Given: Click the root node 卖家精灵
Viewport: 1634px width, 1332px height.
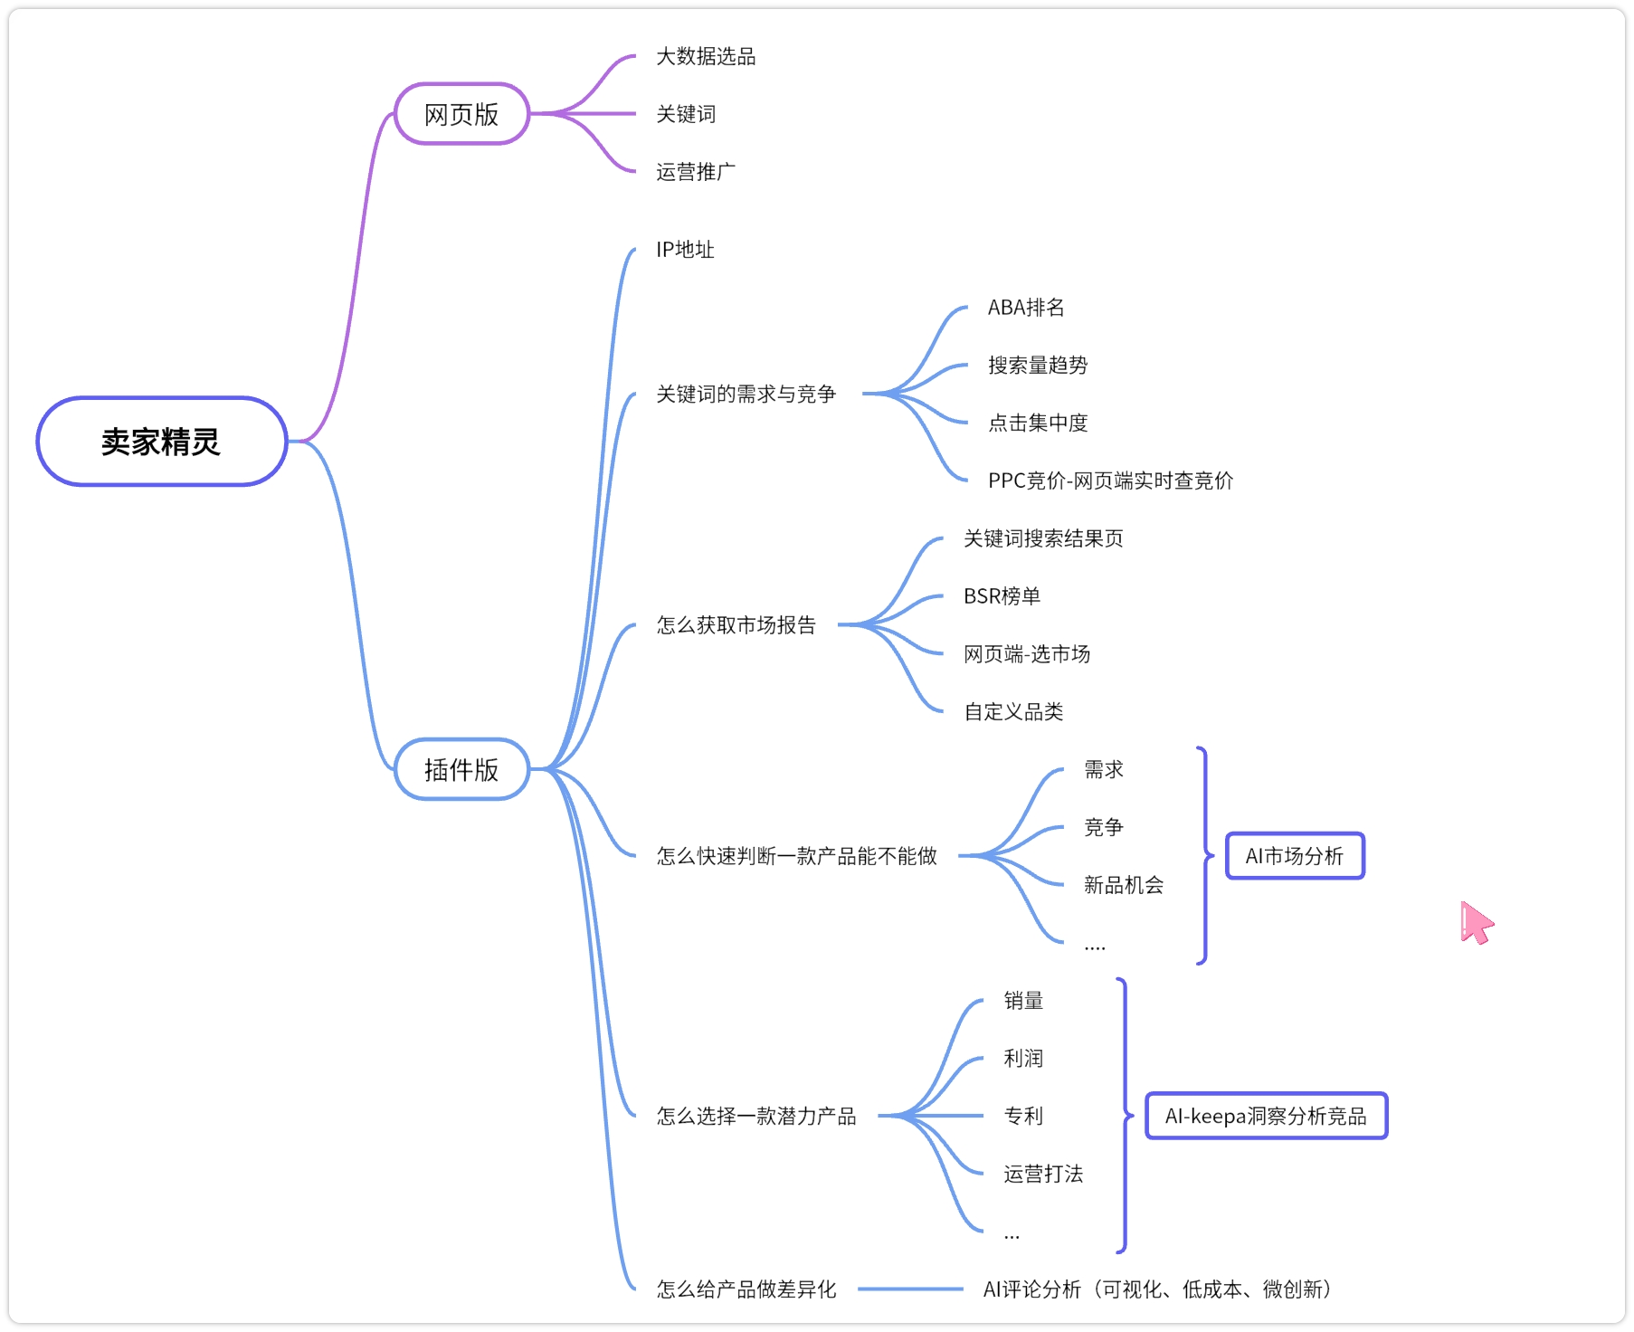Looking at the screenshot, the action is [162, 442].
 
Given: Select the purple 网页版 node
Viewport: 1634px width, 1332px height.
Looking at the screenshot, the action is [461, 114].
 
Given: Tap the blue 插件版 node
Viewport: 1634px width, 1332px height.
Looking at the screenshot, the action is [461, 769].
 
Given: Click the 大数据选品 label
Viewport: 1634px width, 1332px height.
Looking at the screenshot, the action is [706, 56].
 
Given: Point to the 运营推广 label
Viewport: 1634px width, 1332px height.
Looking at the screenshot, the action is [696, 172].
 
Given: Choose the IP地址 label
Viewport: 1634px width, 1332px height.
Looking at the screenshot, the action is [685, 250].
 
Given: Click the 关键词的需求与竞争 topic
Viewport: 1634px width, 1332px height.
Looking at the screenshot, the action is [746, 394].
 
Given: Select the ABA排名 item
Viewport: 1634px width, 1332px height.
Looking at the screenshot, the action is [1026, 308].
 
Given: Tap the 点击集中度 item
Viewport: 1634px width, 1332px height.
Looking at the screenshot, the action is [1038, 423].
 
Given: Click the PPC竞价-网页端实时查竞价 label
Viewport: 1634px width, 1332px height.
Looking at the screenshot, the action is [1110, 480].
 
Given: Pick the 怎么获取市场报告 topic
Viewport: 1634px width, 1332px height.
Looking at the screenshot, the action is [736, 625].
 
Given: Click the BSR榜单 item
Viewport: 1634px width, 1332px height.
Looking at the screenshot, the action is [1002, 596].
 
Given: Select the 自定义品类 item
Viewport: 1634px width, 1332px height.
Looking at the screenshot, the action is [1013, 712].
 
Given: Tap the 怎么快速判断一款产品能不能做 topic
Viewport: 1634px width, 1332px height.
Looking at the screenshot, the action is [797, 856].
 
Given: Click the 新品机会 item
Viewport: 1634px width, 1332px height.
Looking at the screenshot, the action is [1124, 885].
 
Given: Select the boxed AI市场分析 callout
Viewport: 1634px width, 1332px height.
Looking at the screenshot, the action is [1295, 856].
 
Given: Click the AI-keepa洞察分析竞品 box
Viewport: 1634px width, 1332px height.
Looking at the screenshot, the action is [1266, 1116].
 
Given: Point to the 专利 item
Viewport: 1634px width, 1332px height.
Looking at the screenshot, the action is [1023, 1116].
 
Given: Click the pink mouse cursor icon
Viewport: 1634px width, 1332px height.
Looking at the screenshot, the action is [1476, 923].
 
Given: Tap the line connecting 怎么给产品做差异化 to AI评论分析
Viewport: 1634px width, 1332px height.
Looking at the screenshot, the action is [910, 1289].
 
